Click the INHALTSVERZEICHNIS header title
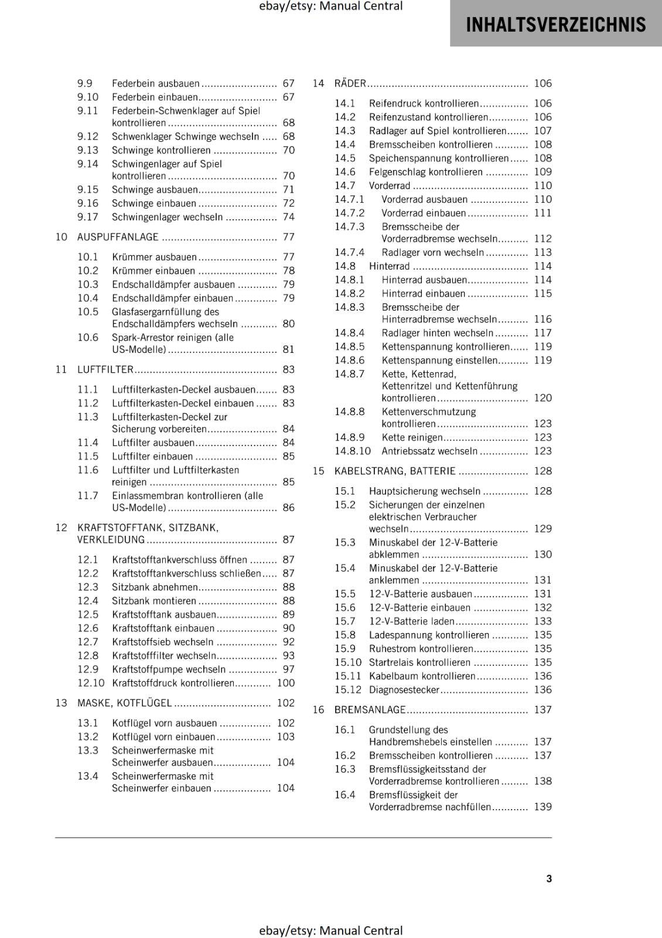tap(555, 25)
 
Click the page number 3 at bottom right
tap(549, 878)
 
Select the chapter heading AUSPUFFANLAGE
tap(118, 237)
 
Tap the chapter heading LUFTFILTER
tap(105, 369)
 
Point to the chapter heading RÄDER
tap(350, 83)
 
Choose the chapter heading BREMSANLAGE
tap(370, 709)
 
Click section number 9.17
tap(88, 217)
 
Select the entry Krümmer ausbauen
tap(154, 257)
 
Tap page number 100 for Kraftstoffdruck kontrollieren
tap(286, 683)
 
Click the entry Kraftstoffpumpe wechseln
tap(169, 669)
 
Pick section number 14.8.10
tap(353, 451)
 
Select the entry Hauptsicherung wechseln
tap(425, 491)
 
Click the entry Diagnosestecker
tap(404, 690)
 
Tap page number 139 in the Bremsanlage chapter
tap(542, 807)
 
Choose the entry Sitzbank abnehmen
tap(155, 587)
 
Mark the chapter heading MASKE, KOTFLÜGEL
tap(125, 703)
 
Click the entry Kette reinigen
tap(412, 437)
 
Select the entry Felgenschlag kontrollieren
tap(426, 172)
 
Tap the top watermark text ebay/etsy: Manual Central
tap(331, 6)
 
